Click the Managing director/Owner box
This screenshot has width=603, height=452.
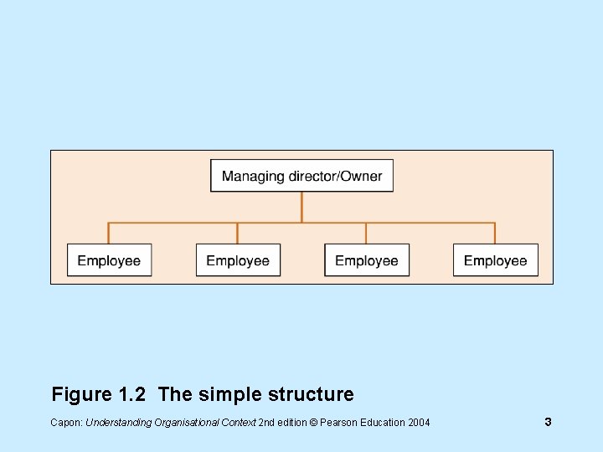click(x=301, y=176)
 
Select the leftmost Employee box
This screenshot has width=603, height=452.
click(x=109, y=260)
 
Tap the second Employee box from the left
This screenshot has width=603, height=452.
click(x=238, y=260)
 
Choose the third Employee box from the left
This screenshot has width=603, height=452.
click(x=367, y=260)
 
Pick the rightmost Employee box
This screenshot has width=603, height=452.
click(x=496, y=260)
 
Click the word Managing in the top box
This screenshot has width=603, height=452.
click(x=253, y=177)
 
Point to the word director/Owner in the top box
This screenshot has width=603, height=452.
click(x=335, y=177)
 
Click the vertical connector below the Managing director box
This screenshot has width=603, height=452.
click(x=301, y=207)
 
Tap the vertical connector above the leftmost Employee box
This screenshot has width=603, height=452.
click(x=109, y=233)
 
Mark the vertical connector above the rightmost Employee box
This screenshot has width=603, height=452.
click(x=496, y=233)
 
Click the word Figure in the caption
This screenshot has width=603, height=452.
click(x=82, y=394)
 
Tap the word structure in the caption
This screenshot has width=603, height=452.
click(x=309, y=394)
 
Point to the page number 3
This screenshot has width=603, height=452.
click(x=548, y=422)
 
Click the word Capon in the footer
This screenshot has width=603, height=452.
click(x=66, y=423)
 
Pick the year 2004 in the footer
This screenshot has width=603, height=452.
click(x=419, y=423)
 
